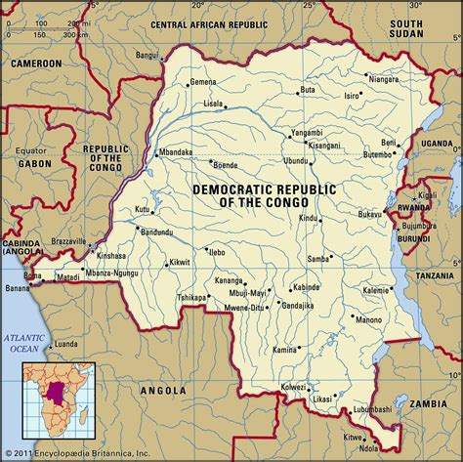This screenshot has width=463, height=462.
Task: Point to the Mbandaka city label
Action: [x=177, y=152]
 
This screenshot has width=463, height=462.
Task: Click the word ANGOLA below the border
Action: [x=162, y=390]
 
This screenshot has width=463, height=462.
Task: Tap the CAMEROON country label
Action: [x=35, y=63]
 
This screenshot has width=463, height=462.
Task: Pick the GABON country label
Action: [x=34, y=163]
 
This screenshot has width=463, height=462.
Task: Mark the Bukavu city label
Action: [x=370, y=213]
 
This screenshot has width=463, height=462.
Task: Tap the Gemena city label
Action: [x=203, y=81]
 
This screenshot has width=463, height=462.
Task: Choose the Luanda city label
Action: [x=65, y=344]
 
